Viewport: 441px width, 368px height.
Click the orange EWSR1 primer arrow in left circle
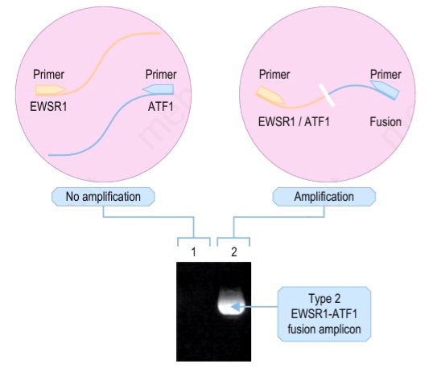click(51, 90)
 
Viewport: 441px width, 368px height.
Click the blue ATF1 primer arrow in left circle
click(158, 90)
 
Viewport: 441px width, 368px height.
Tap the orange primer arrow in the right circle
click(270, 96)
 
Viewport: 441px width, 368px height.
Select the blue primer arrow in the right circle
click(385, 90)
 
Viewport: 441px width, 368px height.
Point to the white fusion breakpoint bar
click(326, 96)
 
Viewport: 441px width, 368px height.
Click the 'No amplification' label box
click(103, 197)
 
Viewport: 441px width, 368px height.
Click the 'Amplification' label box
click(324, 197)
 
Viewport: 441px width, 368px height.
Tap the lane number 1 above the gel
click(193, 252)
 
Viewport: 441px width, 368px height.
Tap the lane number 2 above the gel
click(234, 252)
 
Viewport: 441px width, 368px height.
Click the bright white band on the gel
click(231, 302)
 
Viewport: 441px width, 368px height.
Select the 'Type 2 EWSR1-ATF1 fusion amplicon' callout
click(324, 314)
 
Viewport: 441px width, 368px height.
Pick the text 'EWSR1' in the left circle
click(48, 107)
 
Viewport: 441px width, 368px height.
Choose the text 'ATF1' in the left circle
click(161, 107)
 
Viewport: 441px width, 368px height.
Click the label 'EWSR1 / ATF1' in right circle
click(294, 122)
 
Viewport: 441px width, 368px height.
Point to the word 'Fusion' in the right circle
click(385, 122)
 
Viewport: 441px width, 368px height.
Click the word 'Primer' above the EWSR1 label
click(48, 75)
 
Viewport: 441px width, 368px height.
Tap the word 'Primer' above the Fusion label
click(385, 75)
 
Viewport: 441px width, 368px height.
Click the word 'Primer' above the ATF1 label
click(161, 75)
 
